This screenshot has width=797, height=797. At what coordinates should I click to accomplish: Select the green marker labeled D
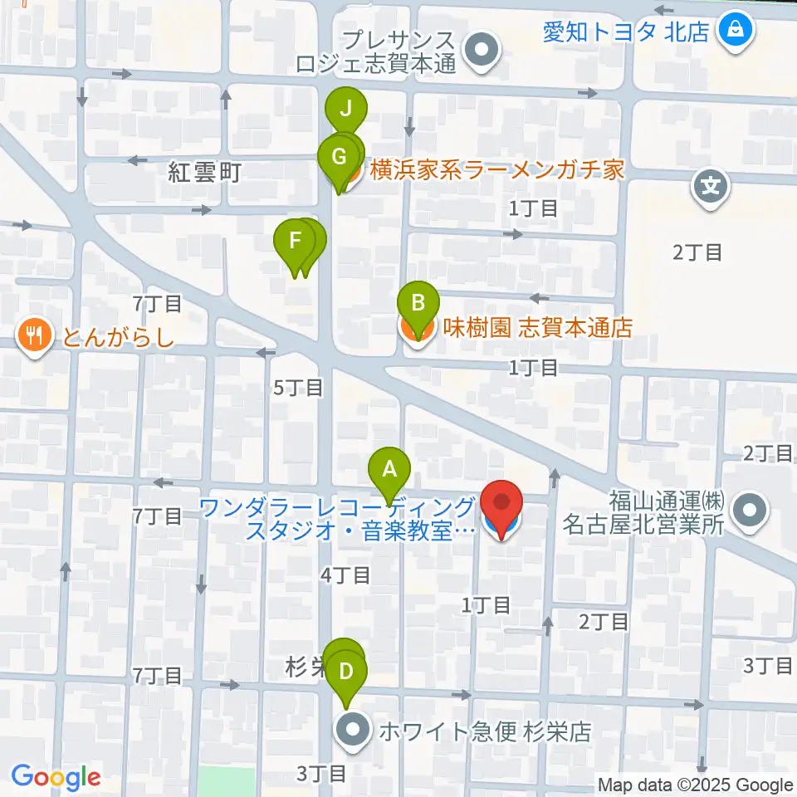(347, 668)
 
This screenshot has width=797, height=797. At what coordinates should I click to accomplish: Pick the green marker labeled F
(294, 242)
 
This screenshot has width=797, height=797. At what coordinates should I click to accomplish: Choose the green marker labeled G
(338, 156)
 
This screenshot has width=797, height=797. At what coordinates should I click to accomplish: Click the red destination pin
(503, 505)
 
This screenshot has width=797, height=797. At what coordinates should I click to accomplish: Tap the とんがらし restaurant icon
(33, 336)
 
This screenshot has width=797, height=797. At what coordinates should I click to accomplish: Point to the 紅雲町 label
(204, 173)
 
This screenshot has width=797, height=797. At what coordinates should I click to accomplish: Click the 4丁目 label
(346, 575)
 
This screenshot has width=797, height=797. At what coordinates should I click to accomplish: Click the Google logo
(56, 777)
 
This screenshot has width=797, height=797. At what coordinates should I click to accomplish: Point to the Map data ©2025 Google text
(696, 785)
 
